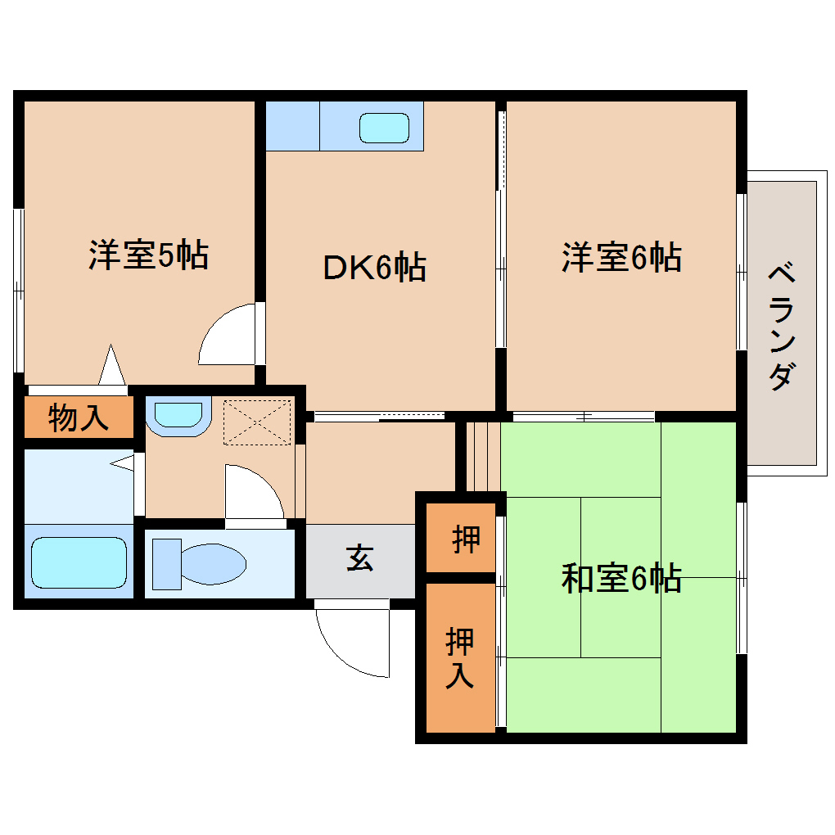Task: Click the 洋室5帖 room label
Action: [148, 255]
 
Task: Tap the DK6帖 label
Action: [374, 268]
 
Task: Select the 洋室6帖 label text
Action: [621, 257]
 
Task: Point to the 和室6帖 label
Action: [621, 579]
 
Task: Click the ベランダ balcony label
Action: [782, 326]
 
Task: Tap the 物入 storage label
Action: [78, 417]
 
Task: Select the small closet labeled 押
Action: [465, 539]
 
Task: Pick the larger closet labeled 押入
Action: [460, 658]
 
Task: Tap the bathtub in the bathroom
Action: [79, 562]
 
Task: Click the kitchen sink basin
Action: [384, 128]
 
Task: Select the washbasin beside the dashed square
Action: [178, 415]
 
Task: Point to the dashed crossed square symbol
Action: [257, 422]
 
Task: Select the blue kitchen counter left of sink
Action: [292, 126]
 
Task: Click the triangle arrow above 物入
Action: [112, 365]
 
